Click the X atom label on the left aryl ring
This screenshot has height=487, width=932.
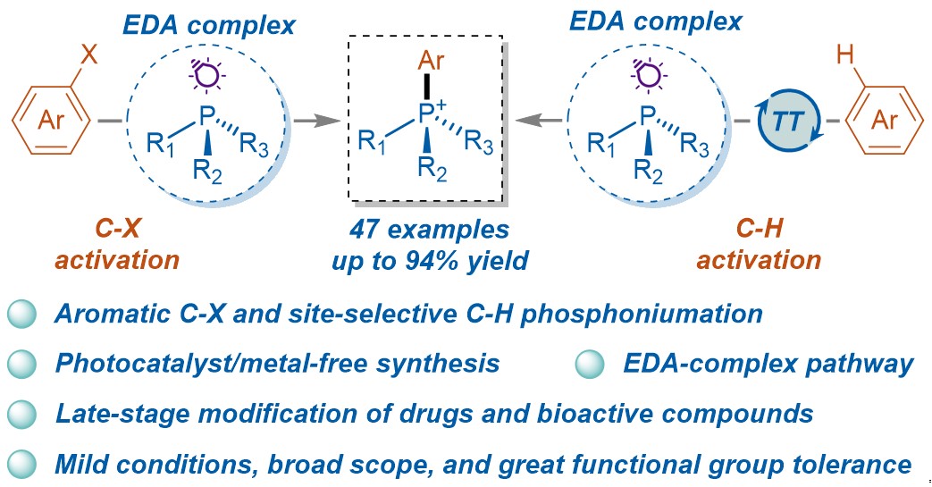pos(88,55)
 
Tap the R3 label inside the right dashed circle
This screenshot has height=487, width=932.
pos(695,143)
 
